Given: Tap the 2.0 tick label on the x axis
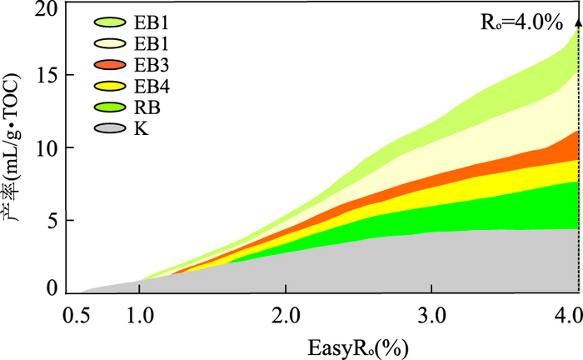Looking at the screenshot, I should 286,317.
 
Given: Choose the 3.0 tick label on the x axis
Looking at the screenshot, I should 431,317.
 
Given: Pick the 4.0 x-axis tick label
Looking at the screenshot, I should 566,317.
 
